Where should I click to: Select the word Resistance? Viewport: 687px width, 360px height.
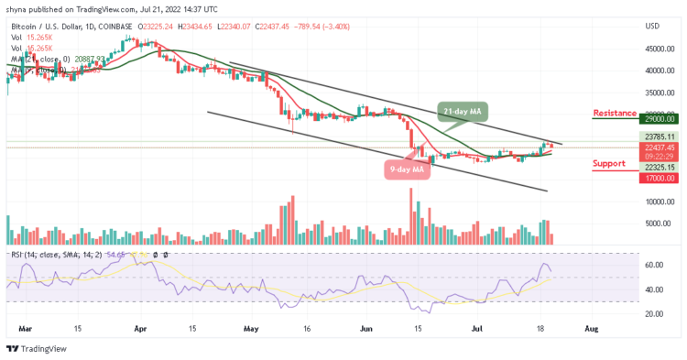coord(614,113)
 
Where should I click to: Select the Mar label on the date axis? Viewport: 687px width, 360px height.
coord(26,327)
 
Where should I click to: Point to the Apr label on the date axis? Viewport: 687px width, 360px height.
coord(139,327)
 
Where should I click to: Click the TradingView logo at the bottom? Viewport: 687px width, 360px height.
coord(37,349)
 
